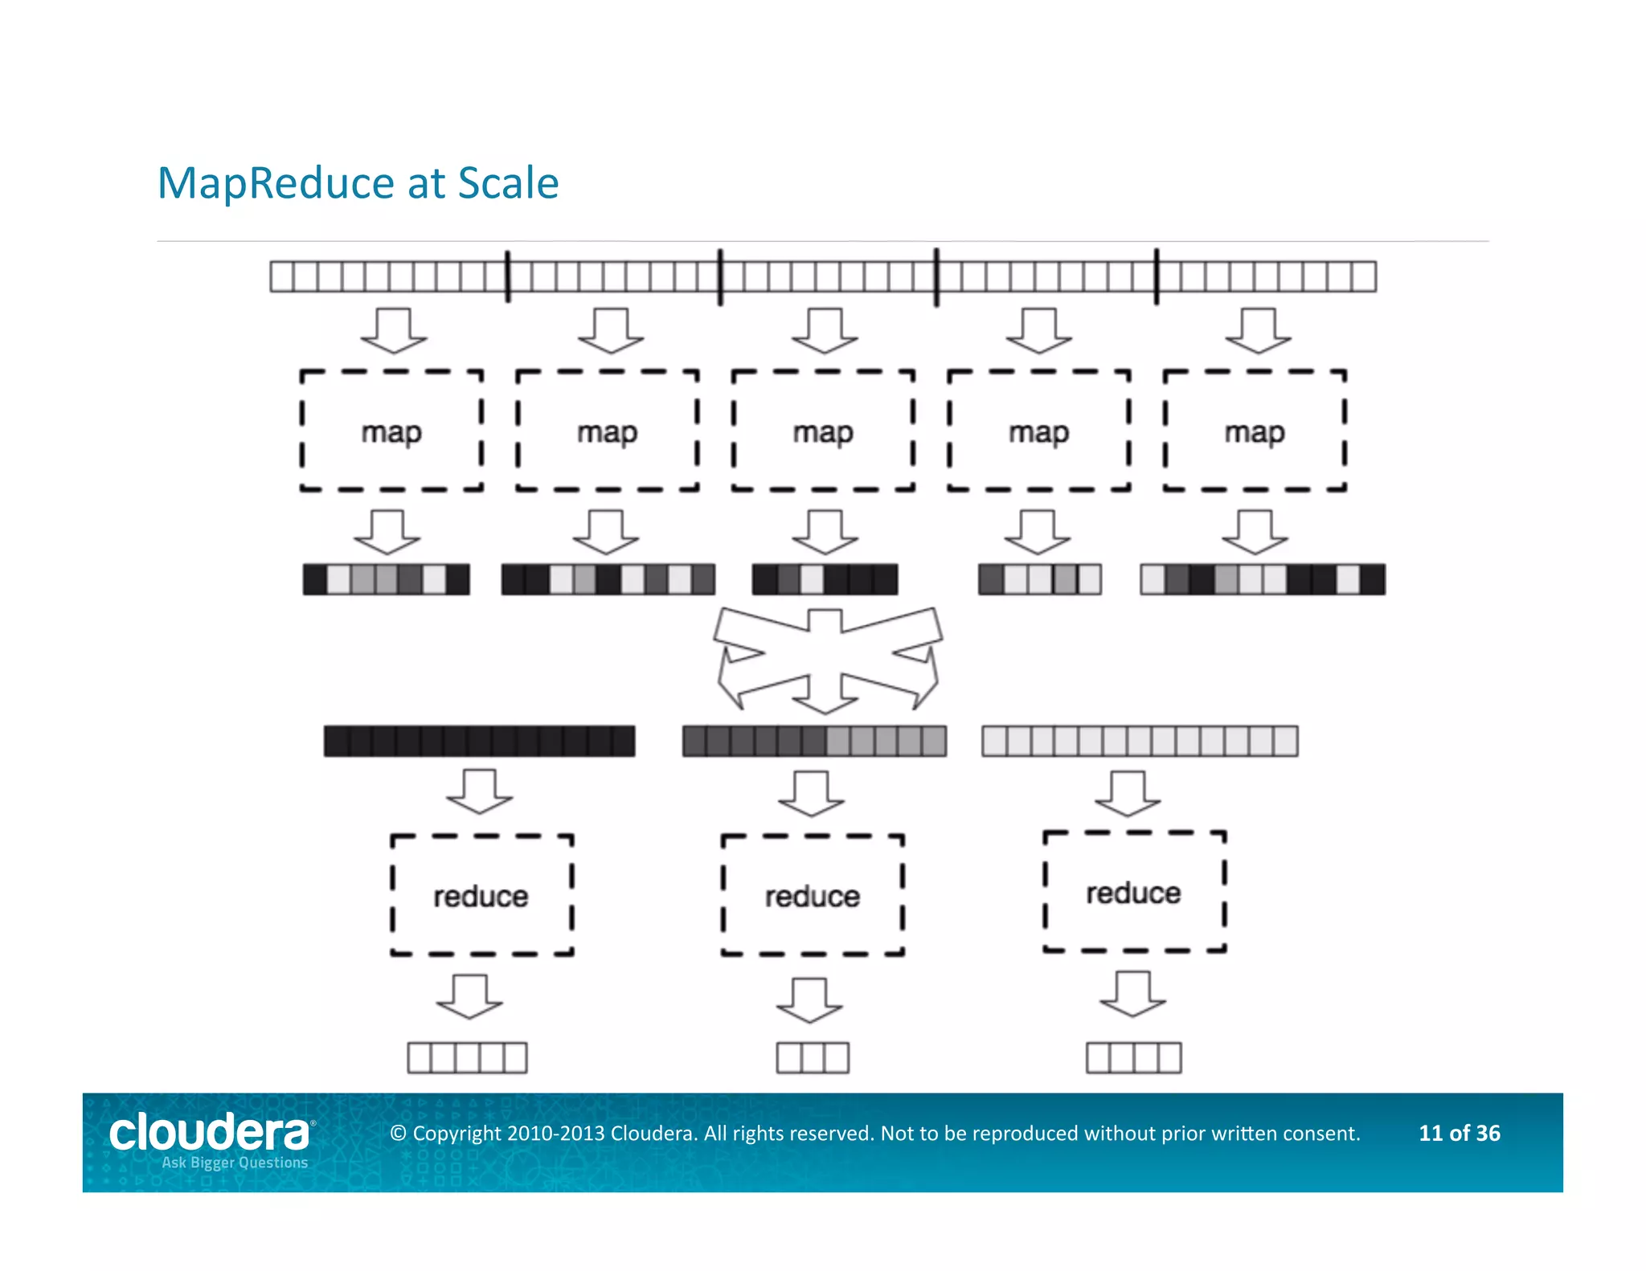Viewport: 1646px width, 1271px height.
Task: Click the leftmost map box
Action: (391, 431)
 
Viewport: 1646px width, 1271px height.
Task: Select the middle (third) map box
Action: (823, 431)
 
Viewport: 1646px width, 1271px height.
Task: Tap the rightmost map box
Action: (1255, 431)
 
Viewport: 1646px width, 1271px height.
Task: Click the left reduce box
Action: (481, 895)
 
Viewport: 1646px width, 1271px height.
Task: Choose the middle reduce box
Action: (813, 895)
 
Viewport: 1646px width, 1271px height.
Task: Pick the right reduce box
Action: (1134, 892)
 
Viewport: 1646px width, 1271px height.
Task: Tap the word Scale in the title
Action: (508, 183)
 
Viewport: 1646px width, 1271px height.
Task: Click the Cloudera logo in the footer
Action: (210, 1132)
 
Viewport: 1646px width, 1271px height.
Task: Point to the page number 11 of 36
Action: (1459, 1133)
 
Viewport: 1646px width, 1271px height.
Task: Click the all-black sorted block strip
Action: (479, 741)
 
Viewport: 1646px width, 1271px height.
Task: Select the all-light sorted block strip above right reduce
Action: (1140, 741)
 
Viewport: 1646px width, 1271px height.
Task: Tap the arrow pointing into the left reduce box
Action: (480, 791)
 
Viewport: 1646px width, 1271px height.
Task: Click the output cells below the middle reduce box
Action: (813, 1058)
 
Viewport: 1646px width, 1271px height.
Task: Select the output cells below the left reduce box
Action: (467, 1058)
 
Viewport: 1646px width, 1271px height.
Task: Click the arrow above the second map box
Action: (611, 330)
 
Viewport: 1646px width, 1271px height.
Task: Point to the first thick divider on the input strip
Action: (507, 276)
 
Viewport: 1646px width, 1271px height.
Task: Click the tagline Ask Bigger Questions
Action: (235, 1163)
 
